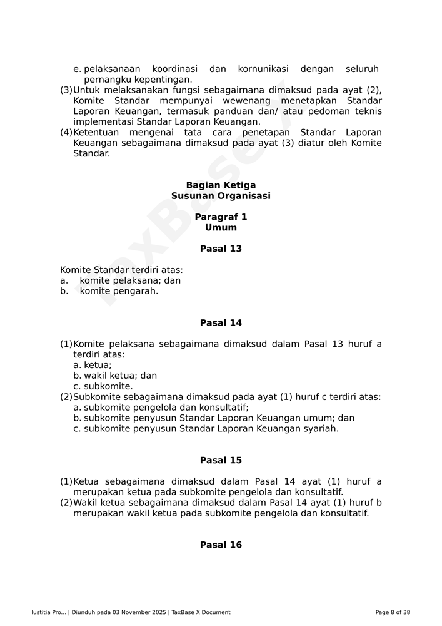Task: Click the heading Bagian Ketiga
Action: (221, 185)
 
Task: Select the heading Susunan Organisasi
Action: (221, 196)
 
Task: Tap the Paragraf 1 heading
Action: (221, 217)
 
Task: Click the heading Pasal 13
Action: (221, 249)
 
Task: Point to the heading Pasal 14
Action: (221, 323)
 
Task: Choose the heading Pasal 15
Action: (221, 460)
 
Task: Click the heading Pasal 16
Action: (221, 545)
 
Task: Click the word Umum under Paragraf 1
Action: (221, 228)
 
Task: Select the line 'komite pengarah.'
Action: (119, 291)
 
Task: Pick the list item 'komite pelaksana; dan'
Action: (130, 280)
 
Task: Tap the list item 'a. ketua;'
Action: (93, 365)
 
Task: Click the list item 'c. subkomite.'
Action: (103, 386)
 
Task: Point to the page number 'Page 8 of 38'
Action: (393, 612)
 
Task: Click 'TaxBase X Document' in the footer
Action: (201, 612)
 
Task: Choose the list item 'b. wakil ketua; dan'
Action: (115, 376)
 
